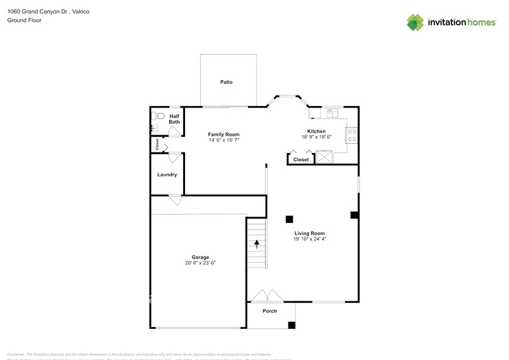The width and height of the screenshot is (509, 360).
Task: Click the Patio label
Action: pos(226,82)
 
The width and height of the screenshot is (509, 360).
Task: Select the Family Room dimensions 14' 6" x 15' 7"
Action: pos(224,140)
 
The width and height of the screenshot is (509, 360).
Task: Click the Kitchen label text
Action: pos(316,131)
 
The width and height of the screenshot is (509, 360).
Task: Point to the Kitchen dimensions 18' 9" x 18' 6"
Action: pos(316,137)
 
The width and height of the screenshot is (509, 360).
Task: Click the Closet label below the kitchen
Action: pos(301,160)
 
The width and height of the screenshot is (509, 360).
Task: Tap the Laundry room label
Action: pos(167,174)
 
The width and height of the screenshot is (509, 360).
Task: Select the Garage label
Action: pos(200,257)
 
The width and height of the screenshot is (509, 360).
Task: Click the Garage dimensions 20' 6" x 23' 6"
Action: pos(200,263)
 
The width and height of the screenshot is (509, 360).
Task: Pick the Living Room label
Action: pos(309,233)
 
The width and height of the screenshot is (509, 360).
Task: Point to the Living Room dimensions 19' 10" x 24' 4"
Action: pos(309,239)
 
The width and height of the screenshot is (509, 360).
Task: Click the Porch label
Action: pos(270,311)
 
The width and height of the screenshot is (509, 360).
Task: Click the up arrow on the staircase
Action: pos(257,244)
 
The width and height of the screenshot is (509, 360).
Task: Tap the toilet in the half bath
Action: pos(159,115)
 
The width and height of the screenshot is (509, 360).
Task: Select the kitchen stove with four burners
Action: pos(352,135)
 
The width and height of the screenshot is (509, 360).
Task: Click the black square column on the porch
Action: pos(292,325)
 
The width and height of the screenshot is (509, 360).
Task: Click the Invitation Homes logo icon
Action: pos(416,22)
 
